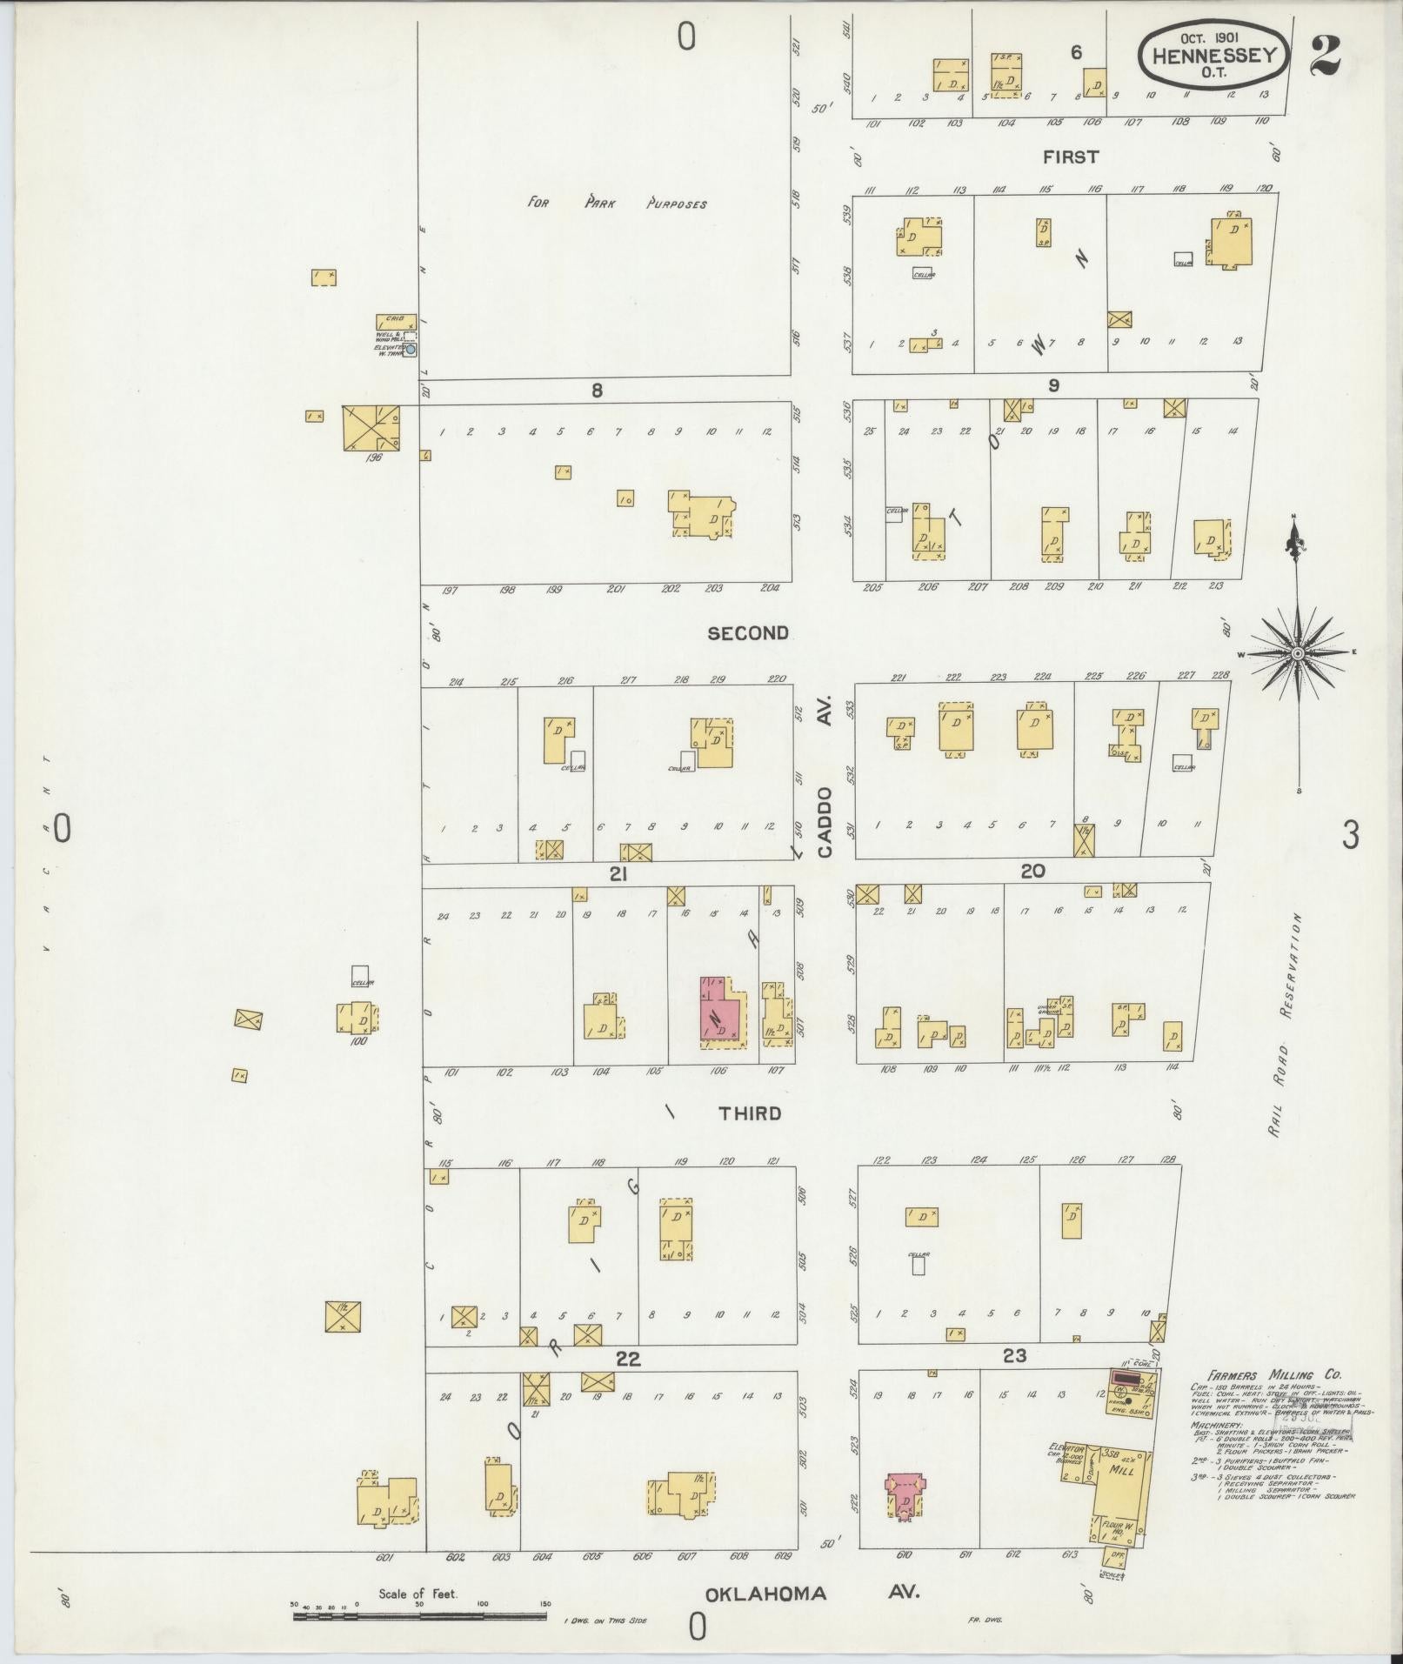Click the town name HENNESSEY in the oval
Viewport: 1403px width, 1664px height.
1215,55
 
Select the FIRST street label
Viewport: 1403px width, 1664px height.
1071,157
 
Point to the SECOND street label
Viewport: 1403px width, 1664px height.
748,633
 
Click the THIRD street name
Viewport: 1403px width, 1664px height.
750,1113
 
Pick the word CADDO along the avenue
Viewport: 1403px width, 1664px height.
825,823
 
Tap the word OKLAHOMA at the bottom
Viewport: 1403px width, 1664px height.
765,1594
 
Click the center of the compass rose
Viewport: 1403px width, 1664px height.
1297,652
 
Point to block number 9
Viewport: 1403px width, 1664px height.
1053,385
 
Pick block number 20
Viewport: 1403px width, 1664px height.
1032,871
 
